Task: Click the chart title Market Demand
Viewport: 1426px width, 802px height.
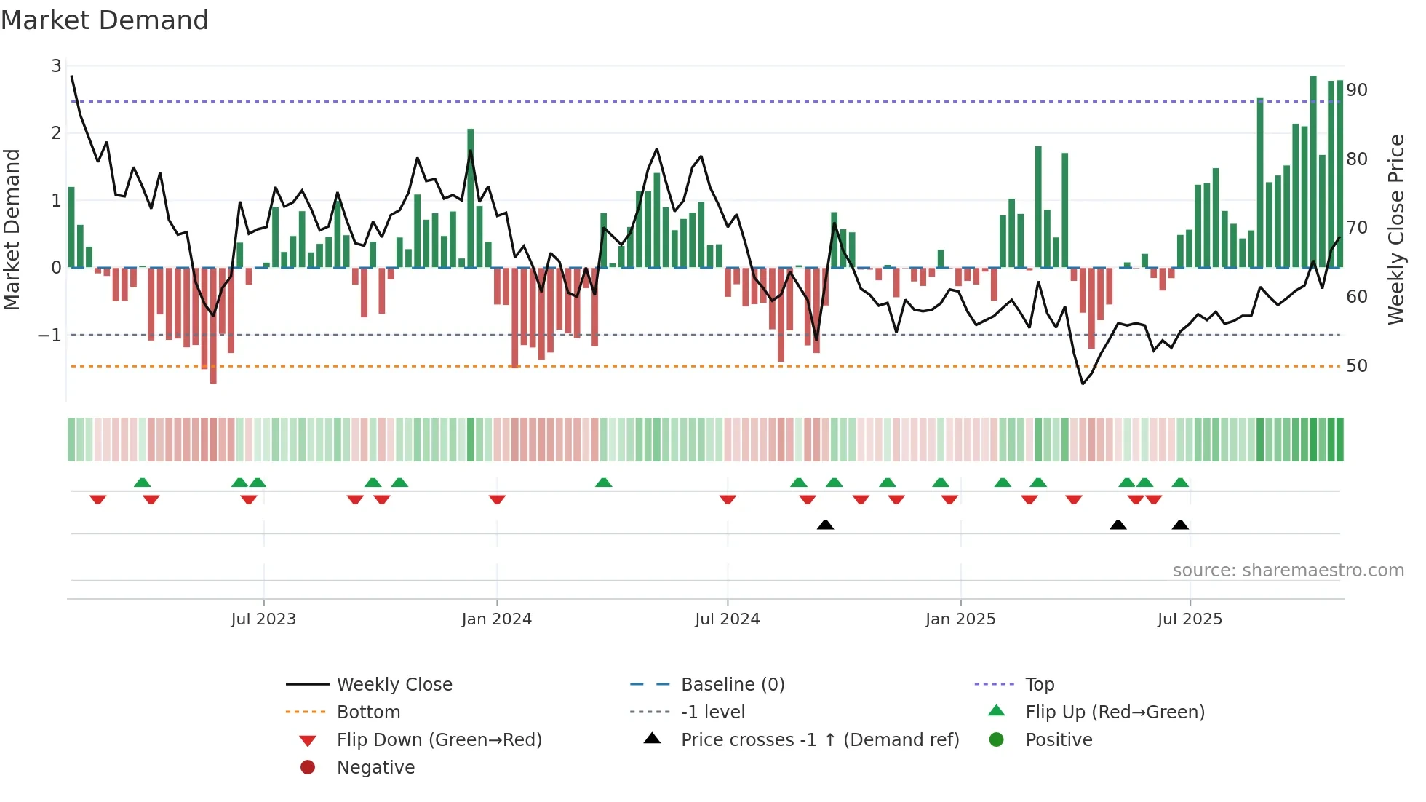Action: point(105,20)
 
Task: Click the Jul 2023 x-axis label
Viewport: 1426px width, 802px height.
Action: point(263,619)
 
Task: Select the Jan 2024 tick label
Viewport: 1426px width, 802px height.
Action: point(496,619)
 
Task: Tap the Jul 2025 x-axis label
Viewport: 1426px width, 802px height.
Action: point(1190,619)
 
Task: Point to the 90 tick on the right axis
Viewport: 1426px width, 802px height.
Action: point(1356,90)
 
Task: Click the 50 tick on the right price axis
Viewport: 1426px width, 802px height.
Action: point(1356,366)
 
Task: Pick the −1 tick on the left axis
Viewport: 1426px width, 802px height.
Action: point(49,336)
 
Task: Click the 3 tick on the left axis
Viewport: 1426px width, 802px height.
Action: point(56,66)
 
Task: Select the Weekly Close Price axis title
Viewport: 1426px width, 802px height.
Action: point(1395,229)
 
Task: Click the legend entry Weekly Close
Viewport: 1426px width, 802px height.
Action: point(394,685)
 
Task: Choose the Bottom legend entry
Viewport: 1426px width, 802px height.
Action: point(368,712)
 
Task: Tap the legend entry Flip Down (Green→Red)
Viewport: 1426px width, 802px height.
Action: point(439,740)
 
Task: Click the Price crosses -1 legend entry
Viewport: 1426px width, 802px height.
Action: point(819,740)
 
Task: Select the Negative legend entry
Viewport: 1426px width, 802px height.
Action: point(375,768)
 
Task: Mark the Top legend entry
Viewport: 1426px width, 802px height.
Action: point(1039,685)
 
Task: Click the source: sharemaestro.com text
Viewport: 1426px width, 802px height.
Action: point(1288,571)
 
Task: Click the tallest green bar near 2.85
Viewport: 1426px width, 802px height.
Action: point(1313,171)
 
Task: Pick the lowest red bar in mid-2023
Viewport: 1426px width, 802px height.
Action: point(213,326)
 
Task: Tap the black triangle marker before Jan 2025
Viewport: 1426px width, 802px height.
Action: point(825,525)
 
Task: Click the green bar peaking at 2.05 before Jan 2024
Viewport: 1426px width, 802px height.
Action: point(471,198)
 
